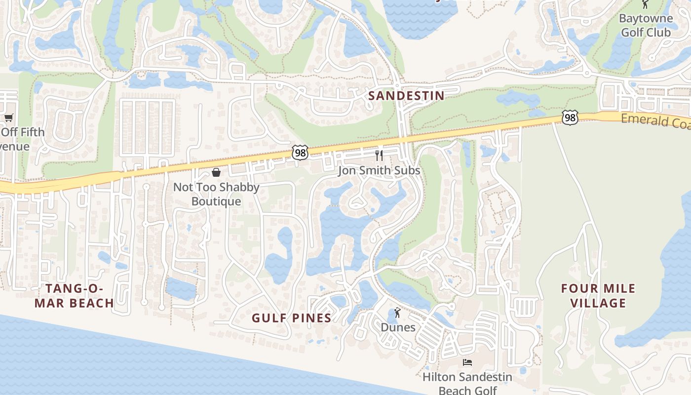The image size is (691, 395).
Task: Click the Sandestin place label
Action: (406, 96)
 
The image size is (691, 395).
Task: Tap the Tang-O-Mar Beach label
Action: (74, 296)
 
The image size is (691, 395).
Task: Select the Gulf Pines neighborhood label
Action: (291, 318)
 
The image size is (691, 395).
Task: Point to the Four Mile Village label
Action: (598, 296)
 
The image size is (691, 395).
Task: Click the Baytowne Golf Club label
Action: (646, 26)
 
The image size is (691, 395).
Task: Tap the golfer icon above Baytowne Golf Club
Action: (645, 4)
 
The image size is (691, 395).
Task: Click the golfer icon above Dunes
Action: (397, 313)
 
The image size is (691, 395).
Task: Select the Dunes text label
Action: (398, 327)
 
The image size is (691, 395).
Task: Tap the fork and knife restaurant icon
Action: (379, 156)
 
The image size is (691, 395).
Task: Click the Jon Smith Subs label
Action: (379, 170)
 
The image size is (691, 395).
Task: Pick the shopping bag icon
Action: (216, 172)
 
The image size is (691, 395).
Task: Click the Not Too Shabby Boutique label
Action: (216, 195)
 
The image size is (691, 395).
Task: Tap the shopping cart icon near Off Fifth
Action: (8, 118)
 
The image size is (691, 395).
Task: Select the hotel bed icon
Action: (467, 362)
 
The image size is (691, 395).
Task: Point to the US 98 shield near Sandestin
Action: (300, 153)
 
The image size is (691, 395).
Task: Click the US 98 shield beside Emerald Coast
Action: (570, 118)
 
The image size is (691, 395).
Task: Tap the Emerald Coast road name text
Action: (655, 121)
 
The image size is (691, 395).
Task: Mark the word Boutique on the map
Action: (216, 201)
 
